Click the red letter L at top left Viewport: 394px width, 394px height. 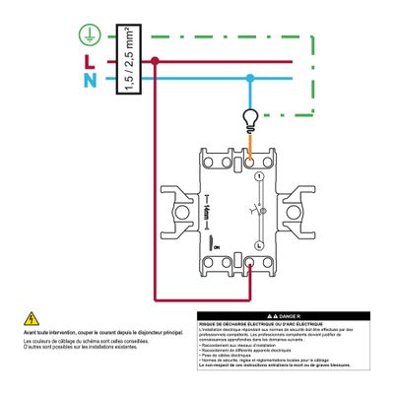[x=86, y=60]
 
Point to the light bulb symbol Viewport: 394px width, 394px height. [x=251, y=120]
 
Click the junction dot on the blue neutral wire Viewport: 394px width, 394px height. [x=251, y=79]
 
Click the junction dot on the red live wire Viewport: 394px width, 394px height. [x=156, y=61]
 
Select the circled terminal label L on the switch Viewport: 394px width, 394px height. [x=257, y=242]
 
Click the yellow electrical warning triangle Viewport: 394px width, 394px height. [x=32, y=318]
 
